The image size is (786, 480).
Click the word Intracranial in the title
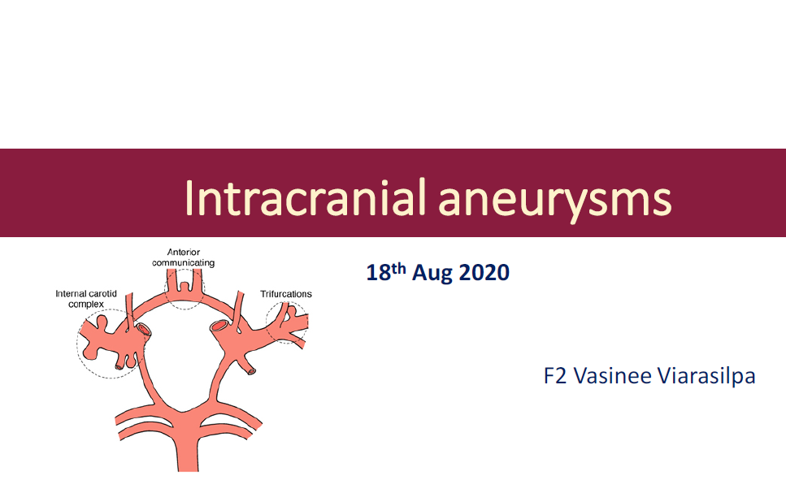click(x=306, y=197)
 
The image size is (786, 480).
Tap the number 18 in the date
click(x=379, y=273)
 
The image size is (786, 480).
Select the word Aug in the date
click(x=432, y=273)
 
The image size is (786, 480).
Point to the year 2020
click(x=484, y=273)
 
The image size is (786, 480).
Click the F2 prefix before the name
click(x=555, y=376)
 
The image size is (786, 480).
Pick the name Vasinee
click(x=611, y=376)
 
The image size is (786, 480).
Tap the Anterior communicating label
click(x=184, y=257)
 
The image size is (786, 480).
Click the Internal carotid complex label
click(x=86, y=299)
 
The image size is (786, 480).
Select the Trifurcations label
click(x=286, y=294)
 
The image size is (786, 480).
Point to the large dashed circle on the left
click(x=77, y=344)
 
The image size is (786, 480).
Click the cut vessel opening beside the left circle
click(x=143, y=329)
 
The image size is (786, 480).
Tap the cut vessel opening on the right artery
click(x=219, y=326)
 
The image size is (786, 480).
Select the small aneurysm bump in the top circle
click(x=185, y=286)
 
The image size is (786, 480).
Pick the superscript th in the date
click(x=398, y=267)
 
